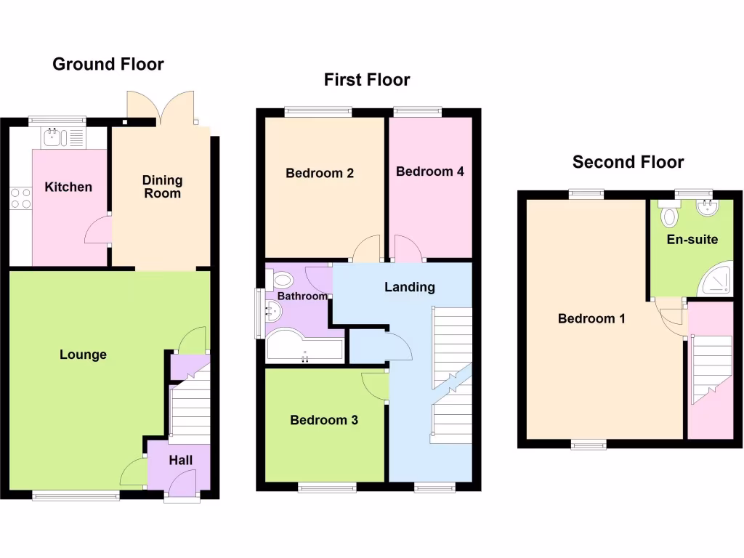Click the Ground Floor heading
(x=108, y=65)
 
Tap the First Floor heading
(x=367, y=80)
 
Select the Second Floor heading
(x=628, y=162)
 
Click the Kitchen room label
(x=68, y=187)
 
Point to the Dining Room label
(x=162, y=187)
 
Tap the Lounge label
(x=83, y=355)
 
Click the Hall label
(x=181, y=460)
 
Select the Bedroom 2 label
(x=320, y=173)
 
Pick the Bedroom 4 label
(x=430, y=171)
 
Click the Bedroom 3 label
(x=324, y=420)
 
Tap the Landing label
(x=410, y=287)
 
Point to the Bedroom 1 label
(x=591, y=318)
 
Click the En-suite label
(x=692, y=239)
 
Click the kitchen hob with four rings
(x=20, y=198)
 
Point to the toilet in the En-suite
(x=669, y=216)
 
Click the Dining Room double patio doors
(x=161, y=108)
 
